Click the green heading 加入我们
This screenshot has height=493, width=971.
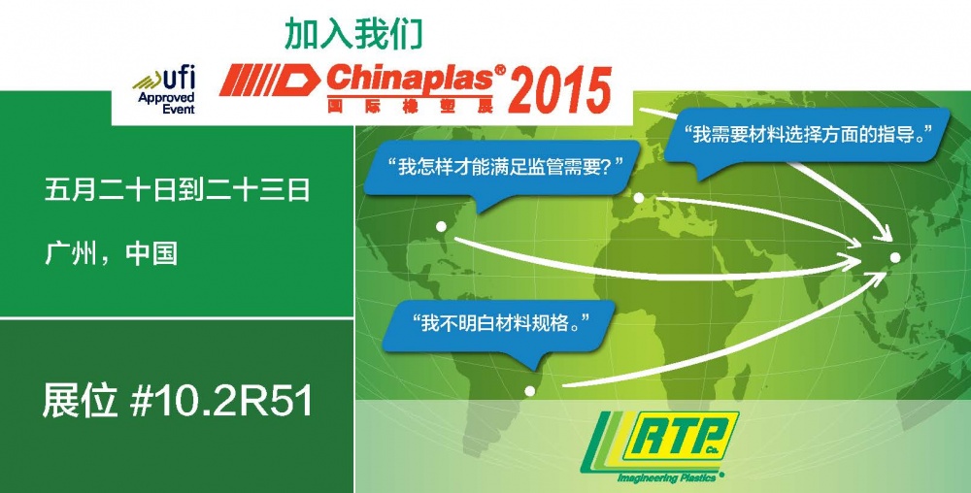[353, 35]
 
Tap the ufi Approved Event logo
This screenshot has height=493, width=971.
[164, 91]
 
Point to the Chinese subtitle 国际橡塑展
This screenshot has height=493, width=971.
[410, 105]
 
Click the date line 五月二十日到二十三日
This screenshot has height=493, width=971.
[177, 190]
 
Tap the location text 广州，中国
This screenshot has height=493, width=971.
[111, 253]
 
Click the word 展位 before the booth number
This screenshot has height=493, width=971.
[80, 401]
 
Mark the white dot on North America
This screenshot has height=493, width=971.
[441, 226]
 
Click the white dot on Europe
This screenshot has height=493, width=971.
[639, 197]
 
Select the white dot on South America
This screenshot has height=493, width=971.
[529, 390]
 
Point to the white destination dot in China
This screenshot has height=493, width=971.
[895, 257]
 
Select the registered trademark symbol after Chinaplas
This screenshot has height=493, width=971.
[500, 71]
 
